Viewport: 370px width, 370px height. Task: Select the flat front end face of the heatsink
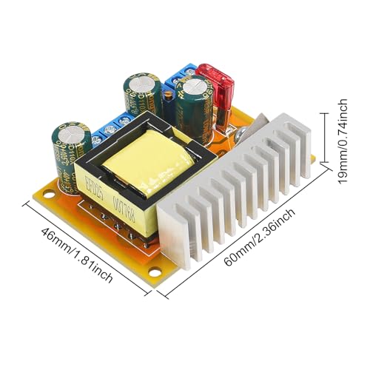pyautogui.click(x=176, y=233)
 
